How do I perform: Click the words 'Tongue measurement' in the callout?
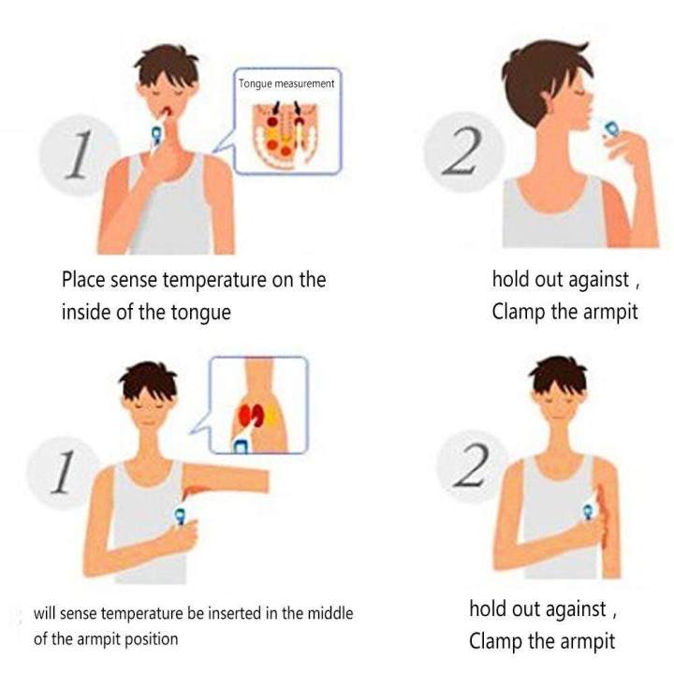pyautogui.click(x=286, y=83)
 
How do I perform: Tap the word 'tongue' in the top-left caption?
pyautogui.click(x=201, y=313)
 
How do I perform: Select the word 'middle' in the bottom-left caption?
pyautogui.click(x=330, y=613)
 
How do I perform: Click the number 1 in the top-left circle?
pyautogui.click(x=79, y=154)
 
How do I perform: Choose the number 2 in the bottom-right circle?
pyautogui.click(x=472, y=464)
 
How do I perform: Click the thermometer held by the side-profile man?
pyautogui.click(x=608, y=126)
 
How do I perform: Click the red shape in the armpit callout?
pyautogui.click(x=251, y=415)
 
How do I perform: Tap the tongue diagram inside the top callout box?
pyautogui.click(x=286, y=135)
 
